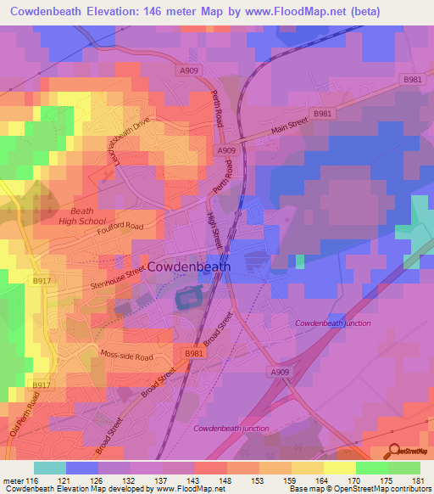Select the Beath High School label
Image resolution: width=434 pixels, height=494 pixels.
pos(83,216)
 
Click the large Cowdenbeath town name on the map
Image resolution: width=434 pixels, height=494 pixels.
pos(189,267)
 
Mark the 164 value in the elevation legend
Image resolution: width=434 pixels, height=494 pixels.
pos(308,480)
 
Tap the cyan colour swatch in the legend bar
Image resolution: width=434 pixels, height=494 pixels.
pos(51,468)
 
